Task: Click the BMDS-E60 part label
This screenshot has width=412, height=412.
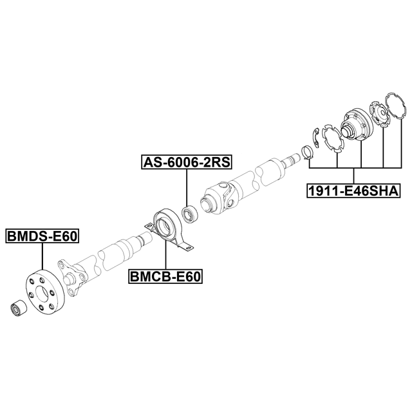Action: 42,236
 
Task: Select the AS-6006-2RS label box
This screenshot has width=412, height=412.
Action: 187,162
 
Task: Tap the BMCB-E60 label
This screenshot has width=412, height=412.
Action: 165,276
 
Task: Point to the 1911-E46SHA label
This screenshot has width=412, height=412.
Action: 353,191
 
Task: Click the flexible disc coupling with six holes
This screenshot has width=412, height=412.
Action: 45,291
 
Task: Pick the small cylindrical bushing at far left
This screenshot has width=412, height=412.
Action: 17,308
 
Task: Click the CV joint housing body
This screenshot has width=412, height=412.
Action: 356,124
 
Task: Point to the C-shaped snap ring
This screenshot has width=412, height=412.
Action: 316,137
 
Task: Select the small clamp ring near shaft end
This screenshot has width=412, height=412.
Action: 307,153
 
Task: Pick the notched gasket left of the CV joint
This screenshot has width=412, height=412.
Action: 332,138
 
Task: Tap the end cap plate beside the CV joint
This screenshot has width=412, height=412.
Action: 380,114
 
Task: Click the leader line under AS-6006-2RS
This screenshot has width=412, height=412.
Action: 187,187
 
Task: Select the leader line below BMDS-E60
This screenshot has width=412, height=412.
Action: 42,256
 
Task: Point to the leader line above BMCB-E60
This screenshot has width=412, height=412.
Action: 165,254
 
